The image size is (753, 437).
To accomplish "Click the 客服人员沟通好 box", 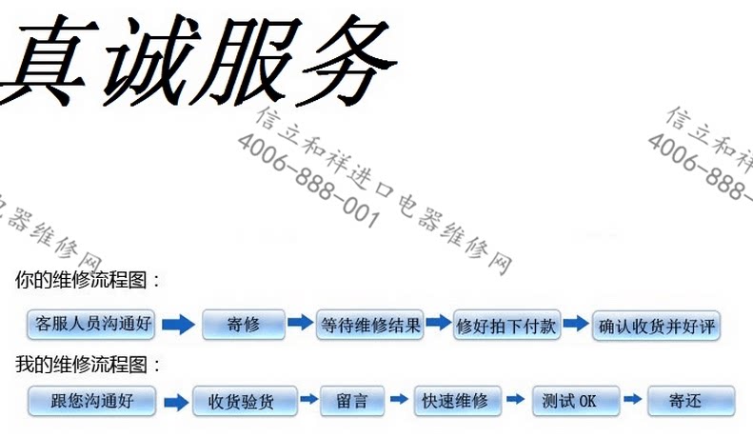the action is click(91, 325).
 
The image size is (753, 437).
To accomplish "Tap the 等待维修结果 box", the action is click(370, 325).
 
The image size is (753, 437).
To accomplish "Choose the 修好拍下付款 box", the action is click(508, 325).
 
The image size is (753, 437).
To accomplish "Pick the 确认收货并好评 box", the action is click(656, 327).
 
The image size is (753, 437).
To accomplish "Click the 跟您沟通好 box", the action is click(91, 401).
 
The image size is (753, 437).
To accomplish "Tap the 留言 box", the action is click(352, 401).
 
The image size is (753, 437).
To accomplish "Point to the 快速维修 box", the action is click(456, 401).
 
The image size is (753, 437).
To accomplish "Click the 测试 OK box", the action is click(576, 401).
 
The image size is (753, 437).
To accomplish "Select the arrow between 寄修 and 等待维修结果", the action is click(300, 323).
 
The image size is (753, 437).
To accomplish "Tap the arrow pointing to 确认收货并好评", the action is click(575, 323).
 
